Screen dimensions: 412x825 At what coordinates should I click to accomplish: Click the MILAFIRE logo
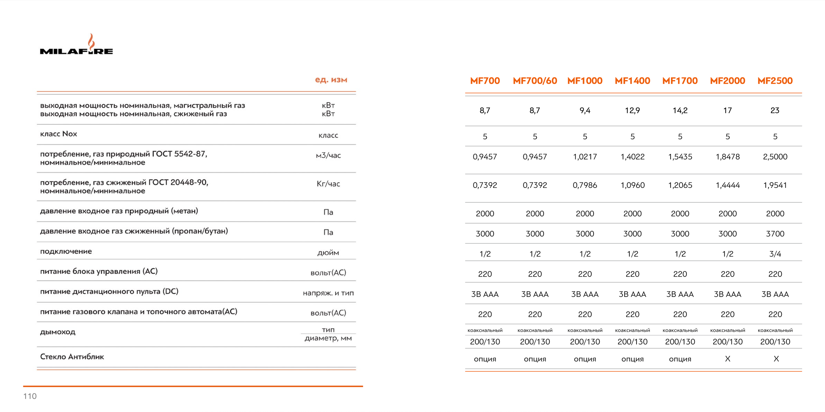pos(76,45)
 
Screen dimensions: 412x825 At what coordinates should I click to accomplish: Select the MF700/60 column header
pos(535,81)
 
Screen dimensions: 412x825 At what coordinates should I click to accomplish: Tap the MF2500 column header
pos(775,81)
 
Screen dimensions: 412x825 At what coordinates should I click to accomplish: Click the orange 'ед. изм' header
pos(331,80)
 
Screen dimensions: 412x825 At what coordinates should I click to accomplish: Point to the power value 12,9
pos(632,111)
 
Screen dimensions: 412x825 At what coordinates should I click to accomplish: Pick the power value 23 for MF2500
pos(775,111)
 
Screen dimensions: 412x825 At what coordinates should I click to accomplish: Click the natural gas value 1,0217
pos(585,157)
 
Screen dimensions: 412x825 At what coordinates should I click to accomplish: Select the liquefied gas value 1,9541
pos(775,185)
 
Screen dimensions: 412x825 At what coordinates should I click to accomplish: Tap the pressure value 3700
pos(775,234)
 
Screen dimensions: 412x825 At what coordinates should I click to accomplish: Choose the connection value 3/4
pos(775,254)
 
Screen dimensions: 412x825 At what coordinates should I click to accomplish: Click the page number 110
pos(30,396)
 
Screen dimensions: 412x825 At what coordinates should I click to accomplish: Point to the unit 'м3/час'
pos(328,155)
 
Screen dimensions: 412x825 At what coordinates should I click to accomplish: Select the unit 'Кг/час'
pos(328,184)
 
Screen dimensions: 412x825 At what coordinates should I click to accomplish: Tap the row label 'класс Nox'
pos(59,134)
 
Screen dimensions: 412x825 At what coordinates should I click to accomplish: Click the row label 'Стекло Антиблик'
pos(72,357)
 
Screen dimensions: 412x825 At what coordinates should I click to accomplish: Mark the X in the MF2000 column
pos(727,359)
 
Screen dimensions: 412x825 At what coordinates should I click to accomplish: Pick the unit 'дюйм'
pos(328,253)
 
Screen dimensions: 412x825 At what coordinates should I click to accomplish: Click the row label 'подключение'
pos(66,251)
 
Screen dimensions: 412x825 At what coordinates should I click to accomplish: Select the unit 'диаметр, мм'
pos(328,338)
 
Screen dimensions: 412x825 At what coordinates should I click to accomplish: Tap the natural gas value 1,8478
pos(727,157)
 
